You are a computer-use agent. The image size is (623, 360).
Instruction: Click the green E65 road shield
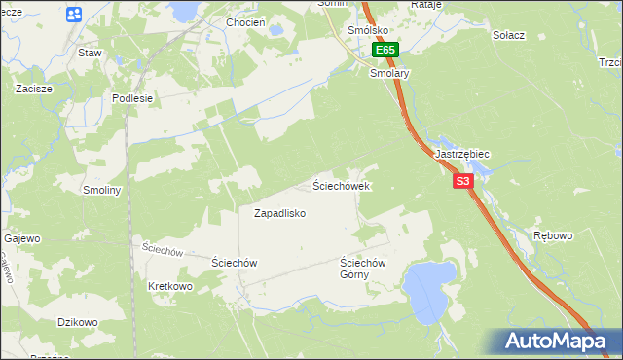click(x=385, y=50)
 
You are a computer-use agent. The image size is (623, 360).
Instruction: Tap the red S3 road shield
click(x=462, y=181)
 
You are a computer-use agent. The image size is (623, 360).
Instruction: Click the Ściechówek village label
click(x=341, y=185)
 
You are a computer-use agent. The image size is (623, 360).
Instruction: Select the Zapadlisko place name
click(x=280, y=213)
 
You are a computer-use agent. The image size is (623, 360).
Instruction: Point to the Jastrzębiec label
click(x=461, y=155)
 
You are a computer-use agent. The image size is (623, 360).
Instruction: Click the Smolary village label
click(x=389, y=73)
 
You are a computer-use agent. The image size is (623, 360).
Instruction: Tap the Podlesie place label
click(x=132, y=98)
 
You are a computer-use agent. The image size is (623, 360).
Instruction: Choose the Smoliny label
click(x=101, y=190)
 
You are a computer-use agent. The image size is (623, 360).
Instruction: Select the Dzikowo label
click(x=78, y=322)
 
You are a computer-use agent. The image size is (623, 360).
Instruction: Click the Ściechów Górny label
click(x=363, y=269)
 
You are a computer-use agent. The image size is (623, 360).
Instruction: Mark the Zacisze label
click(x=34, y=88)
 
